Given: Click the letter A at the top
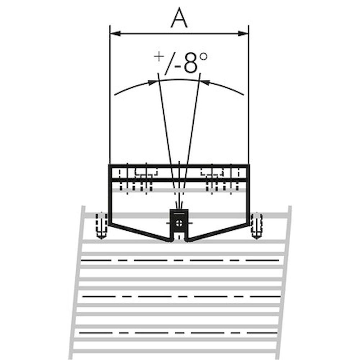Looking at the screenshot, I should tap(179, 18).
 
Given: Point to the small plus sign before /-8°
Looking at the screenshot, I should tap(158, 56).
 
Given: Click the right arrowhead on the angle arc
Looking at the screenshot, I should tap(205, 82).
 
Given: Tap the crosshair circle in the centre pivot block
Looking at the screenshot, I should tap(179, 223).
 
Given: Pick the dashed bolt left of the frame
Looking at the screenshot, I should tap(101, 225).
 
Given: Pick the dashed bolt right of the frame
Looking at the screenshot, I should tap(256, 225).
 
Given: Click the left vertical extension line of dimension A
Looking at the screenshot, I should tap(110, 108).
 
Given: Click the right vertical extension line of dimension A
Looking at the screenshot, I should tap(248, 108).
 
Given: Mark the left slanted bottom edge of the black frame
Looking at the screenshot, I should tap(139, 232).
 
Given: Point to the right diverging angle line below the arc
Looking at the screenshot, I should tap(193, 126).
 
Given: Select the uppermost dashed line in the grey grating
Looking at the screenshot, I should tap(180, 260).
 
